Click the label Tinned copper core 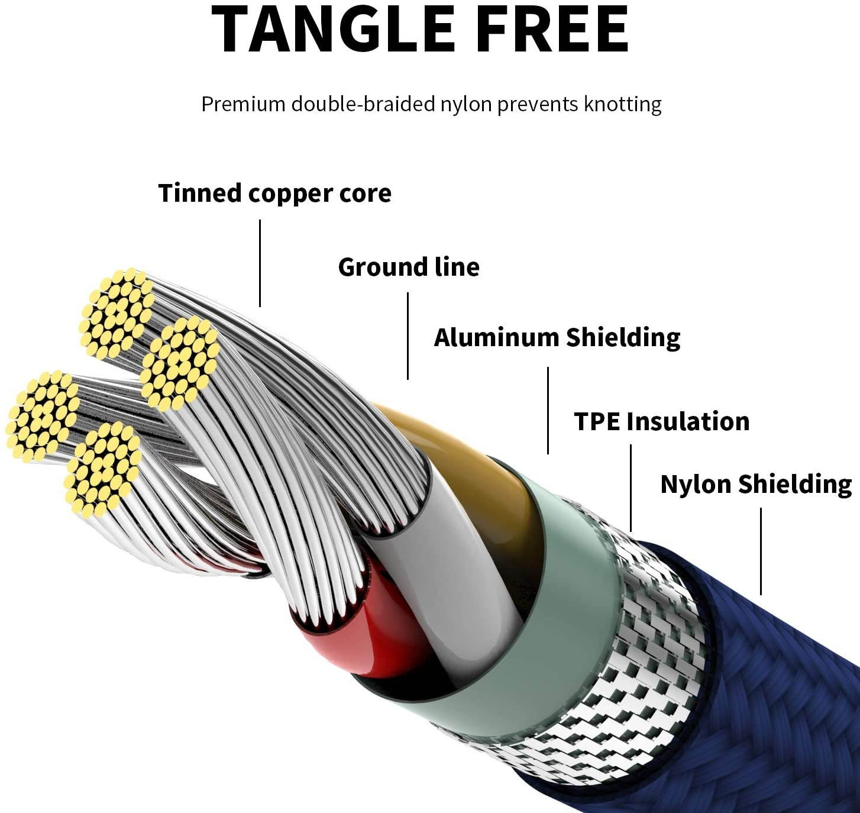275,193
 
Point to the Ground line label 409,267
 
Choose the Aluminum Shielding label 557,338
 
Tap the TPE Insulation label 661,421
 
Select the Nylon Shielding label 756,484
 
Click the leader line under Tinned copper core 260,263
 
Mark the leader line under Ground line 408,336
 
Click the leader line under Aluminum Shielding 548,411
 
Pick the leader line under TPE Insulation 631,488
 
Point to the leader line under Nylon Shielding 761,551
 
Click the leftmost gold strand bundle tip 43,416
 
